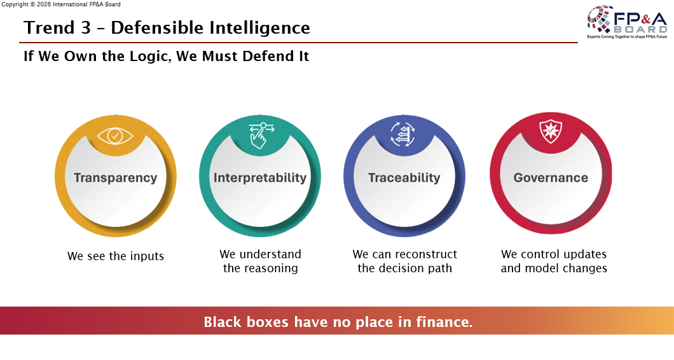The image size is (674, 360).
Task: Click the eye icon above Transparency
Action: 115,136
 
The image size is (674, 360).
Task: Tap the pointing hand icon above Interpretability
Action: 261,135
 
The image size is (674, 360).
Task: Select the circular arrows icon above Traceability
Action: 402,134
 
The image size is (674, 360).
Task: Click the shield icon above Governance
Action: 551,131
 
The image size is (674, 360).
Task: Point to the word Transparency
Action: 115,177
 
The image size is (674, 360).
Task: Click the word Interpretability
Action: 260,177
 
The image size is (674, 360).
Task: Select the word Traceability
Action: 404,177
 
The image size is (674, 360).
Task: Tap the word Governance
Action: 551,177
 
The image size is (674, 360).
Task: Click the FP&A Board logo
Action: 627,22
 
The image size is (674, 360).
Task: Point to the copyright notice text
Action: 61,4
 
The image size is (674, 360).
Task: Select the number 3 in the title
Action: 86,28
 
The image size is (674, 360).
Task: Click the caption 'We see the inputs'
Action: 116,256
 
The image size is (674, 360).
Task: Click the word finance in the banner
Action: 444,322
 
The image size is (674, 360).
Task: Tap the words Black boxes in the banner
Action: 246,322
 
